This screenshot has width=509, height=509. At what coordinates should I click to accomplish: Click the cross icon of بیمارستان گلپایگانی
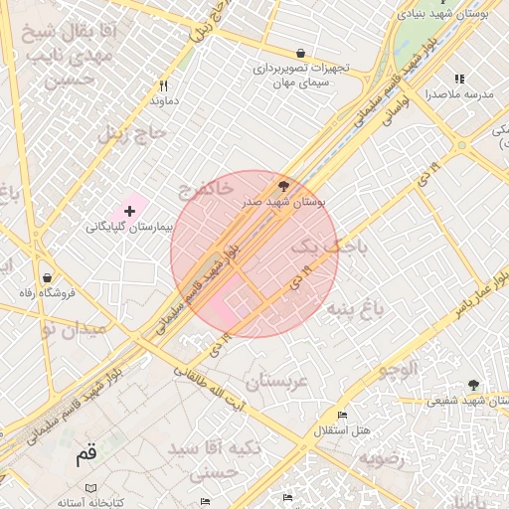point(129,211)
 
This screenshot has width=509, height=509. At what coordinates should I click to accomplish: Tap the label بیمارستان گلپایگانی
point(130,227)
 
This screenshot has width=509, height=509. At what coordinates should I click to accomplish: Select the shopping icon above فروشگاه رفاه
point(48,277)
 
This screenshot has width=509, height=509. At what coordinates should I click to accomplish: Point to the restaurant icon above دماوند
point(163,85)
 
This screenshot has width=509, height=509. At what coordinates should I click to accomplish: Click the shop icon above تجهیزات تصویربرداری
point(300,54)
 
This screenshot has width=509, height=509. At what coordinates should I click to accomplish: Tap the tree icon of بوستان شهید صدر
point(285,186)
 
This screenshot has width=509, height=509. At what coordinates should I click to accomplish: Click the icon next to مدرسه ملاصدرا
point(458,79)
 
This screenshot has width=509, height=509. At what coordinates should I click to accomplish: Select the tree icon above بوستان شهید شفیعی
point(472,385)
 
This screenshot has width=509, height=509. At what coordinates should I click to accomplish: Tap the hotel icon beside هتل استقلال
point(343,415)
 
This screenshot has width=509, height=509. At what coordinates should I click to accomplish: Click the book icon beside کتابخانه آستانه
point(90,489)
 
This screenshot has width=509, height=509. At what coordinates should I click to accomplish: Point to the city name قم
point(87,456)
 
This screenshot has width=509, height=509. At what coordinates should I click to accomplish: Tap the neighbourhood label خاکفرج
point(207,187)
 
